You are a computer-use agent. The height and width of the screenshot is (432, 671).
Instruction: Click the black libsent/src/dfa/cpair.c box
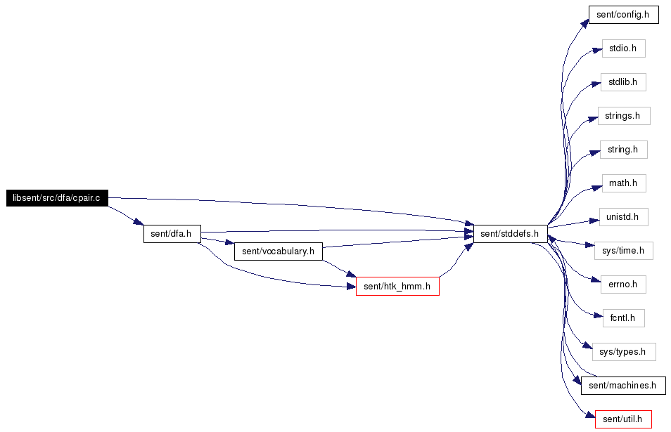(57, 198)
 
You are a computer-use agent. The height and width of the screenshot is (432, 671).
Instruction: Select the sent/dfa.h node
(172, 234)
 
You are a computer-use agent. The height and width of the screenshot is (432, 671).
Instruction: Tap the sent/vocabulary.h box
(278, 251)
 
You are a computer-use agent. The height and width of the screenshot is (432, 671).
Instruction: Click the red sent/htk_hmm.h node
(397, 287)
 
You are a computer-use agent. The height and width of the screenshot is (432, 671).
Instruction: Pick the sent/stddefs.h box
(511, 234)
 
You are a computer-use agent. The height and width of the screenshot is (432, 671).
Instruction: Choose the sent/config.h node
(623, 15)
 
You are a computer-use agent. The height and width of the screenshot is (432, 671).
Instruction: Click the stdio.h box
(623, 48)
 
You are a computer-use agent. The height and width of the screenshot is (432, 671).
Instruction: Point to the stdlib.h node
(623, 82)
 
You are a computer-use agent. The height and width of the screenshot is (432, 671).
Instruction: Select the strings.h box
(624, 116)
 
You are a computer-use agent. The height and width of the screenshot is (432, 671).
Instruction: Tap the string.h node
(623, 150)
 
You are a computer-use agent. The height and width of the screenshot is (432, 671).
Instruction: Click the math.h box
(624, 183)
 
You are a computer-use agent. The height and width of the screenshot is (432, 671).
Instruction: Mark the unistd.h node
(623, 217)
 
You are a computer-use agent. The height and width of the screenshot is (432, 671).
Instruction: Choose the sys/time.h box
(623, 250)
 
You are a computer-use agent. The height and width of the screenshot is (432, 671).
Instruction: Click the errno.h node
(623, 284)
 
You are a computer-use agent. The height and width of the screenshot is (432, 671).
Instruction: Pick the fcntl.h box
(623, 318)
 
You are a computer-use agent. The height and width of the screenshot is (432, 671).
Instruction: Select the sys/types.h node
(624, 352)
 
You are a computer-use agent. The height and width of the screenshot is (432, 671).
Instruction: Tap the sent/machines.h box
(623, 386)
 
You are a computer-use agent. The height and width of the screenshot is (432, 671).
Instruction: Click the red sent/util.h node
(623, 419)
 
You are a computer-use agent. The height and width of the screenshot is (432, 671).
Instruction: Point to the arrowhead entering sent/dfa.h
(139, 222)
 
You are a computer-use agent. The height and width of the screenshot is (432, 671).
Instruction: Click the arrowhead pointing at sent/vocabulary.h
(229, 244)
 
